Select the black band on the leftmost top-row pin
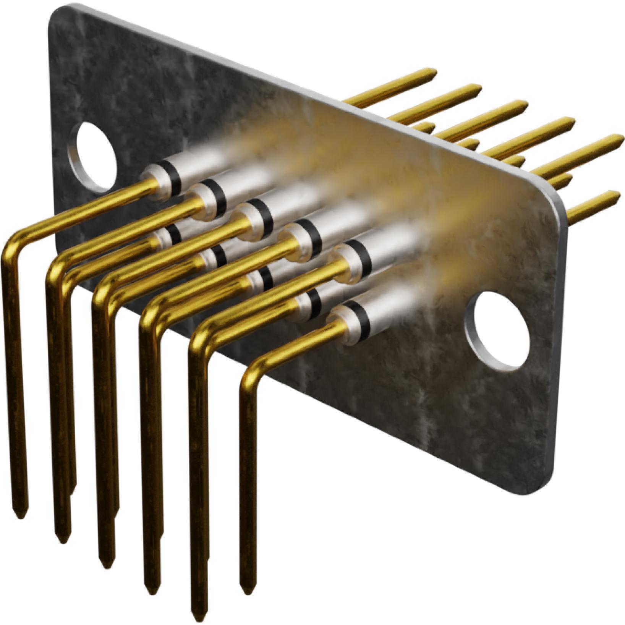coord(174,175)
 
